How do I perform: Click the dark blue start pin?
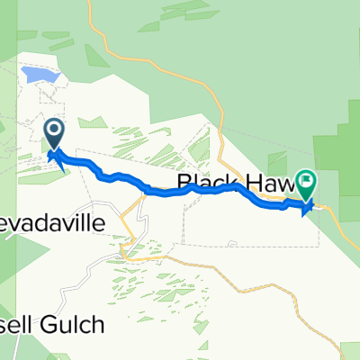click(x=55, y=137)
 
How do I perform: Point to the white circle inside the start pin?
click(x=55, y=133)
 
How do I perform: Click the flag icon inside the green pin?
click(x=306, y=183)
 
